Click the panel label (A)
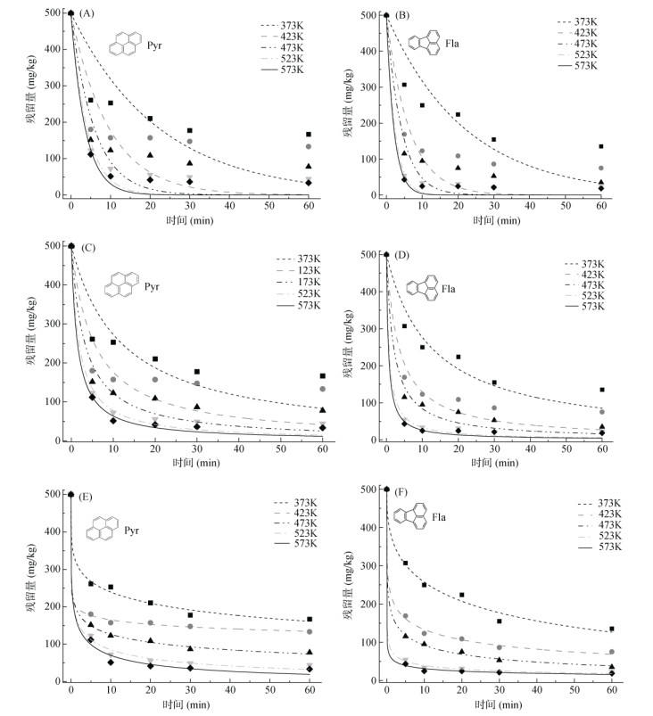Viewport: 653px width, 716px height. [x=87, y=13]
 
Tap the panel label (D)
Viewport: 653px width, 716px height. [x=403, y=256]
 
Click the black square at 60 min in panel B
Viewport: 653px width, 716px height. [x=600, y=146]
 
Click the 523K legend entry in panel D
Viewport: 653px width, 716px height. [x=585, y=296]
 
